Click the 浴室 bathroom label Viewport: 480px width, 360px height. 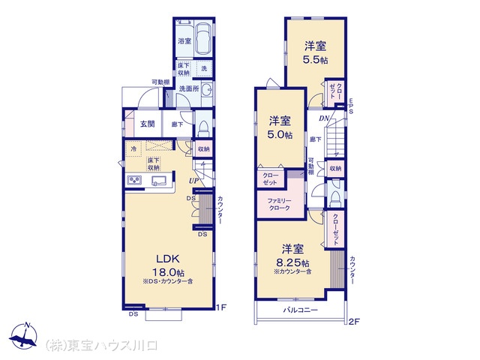pos(184,42)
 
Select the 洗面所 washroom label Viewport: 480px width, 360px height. pos(188,89)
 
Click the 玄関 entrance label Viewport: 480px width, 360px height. pos(147,124)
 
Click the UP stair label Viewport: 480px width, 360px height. pos(193,181)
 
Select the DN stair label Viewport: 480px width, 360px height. pos(324,118)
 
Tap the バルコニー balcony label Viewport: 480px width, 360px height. pos(300,310)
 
